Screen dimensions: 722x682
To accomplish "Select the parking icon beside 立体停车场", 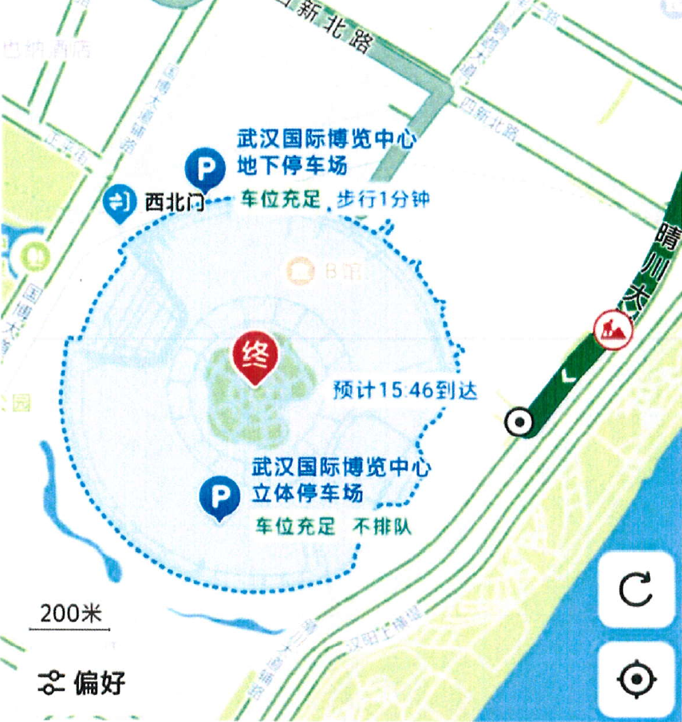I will tap(219, 497).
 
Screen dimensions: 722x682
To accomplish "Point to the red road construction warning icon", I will tap(613, 327).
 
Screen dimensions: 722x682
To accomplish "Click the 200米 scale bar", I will tap(69, 619).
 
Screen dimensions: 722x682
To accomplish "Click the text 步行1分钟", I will tap(383, 199).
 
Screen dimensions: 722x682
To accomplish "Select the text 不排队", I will tap(383, 527).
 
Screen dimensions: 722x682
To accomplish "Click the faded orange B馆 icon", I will tap(302, 270).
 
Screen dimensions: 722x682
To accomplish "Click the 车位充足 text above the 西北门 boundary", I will tap(280, 199).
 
